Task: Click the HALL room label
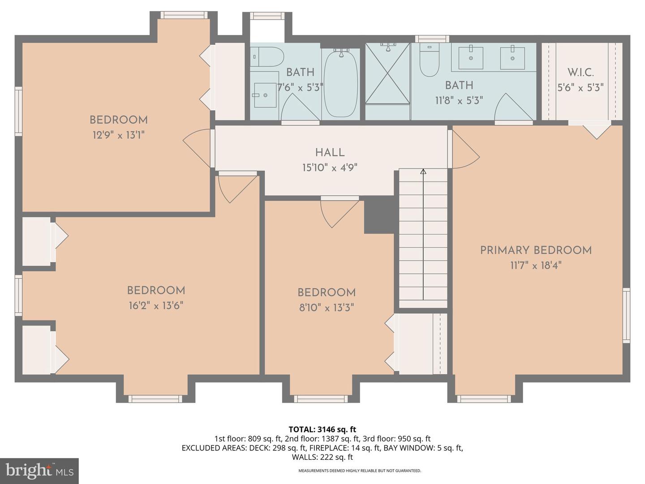click(330, 152)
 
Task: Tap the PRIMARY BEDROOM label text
click(536, 250)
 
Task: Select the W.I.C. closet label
click(580, 73)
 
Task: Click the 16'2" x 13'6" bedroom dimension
click(155, 306)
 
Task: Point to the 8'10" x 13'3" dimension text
click(327, 308)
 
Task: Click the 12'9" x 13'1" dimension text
click(119, 135)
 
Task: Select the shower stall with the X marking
click(387, 73)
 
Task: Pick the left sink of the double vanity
click(470, 57)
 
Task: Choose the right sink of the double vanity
click(512, 57)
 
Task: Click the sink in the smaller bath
click(265, 95)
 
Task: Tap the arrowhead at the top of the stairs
click(423, 171)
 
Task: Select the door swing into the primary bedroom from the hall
click(465, 150)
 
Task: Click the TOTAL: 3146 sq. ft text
click(322, 429)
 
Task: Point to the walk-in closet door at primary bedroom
click(596, 130)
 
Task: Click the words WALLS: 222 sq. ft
click(322, 457)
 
